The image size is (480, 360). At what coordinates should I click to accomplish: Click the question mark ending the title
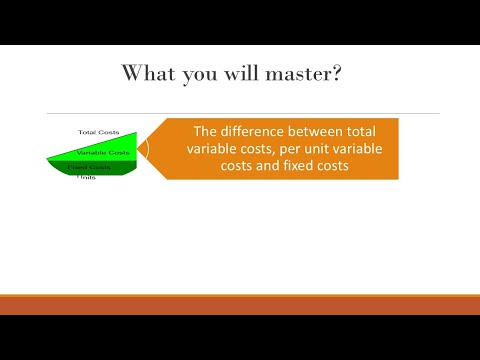[x=353, y=74]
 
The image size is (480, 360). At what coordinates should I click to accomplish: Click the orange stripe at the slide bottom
[x=240, y=304]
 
